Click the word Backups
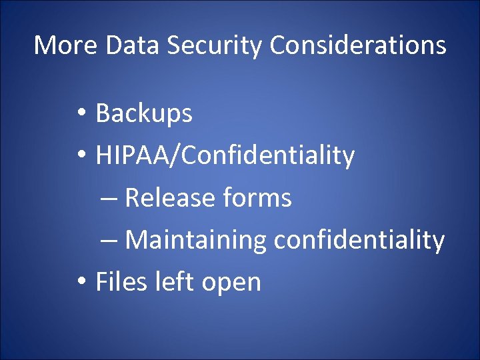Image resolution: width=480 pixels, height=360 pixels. pos(144,114)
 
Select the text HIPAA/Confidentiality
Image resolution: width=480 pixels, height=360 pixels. pos(225,156)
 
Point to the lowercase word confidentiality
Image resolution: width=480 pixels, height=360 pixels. pos(359,240)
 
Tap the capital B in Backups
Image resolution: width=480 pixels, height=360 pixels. pos(103,114)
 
